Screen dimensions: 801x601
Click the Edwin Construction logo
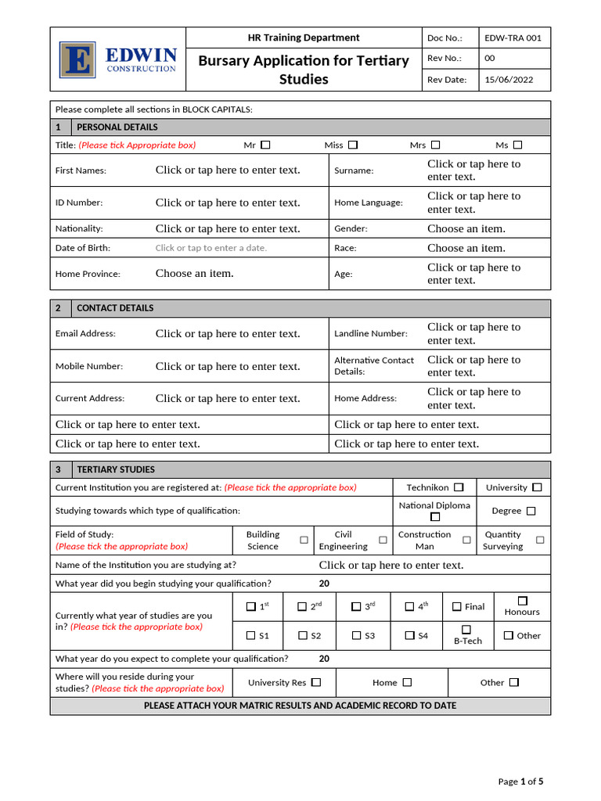pos(117,59)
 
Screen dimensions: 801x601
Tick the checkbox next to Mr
pos(266,145)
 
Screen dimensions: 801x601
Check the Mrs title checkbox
pos(436,145)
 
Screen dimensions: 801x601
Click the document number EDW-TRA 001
pos(513,38)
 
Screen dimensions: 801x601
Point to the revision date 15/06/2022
pos(510,80)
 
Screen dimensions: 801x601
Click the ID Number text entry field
pos(228,203)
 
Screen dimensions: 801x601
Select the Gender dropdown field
pos(466,229)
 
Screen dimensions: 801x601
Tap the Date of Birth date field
pos(211,248)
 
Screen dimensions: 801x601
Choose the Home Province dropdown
pos(195,274)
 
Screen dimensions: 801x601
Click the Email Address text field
pos(228,334)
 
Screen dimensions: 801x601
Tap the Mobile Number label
pos(89,366)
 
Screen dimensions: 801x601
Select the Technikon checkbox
pos(459,487)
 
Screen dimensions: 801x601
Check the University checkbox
pos(537,487)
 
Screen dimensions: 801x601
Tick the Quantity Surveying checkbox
pos(540,541)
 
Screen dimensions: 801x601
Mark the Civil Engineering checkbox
pos(383,541)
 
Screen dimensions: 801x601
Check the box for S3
pos(355,636)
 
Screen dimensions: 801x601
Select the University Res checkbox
pos(316,682)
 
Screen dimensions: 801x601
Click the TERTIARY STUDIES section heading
pos(116,470)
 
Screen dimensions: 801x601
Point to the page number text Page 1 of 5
pos(520,781)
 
